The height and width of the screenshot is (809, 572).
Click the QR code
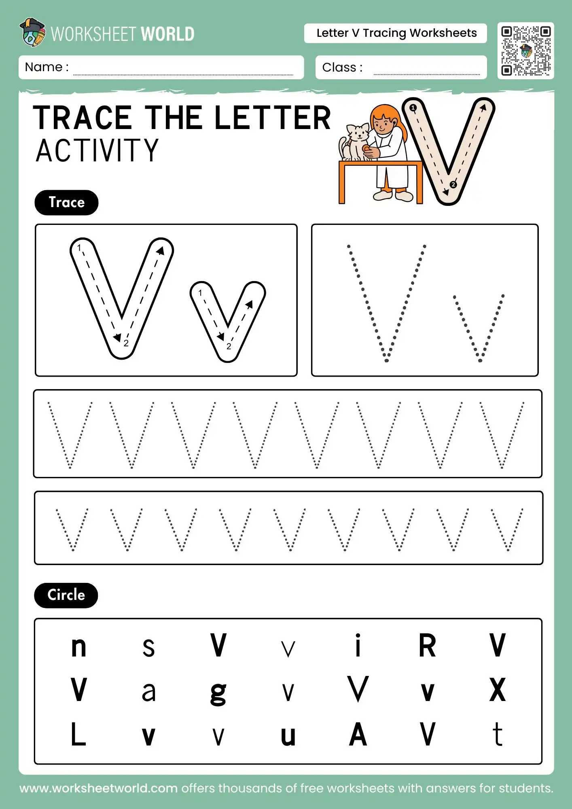(525, 51)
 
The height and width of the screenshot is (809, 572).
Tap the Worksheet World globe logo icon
(32, 32)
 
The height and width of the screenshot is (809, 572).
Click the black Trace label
(66, 202)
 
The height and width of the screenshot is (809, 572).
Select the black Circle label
(66, 595)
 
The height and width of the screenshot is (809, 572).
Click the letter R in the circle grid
(427, 646)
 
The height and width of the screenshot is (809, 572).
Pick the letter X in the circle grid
(497, 690)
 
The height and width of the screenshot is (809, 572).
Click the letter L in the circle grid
(78, 734)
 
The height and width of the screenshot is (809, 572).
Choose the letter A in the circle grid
(358, 735)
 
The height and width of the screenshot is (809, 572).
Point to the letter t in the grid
(498, 734)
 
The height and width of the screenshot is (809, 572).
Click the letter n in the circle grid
(78, 647)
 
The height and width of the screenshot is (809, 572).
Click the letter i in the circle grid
(358, 646)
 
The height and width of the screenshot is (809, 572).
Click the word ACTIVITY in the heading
(97, 150)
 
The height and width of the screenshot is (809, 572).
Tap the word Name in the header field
(43, 67)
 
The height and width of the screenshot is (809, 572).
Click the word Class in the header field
(339, 67)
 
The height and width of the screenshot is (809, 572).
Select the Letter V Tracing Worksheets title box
(396, 33)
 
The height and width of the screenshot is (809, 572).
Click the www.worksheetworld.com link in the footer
(99, 788)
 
